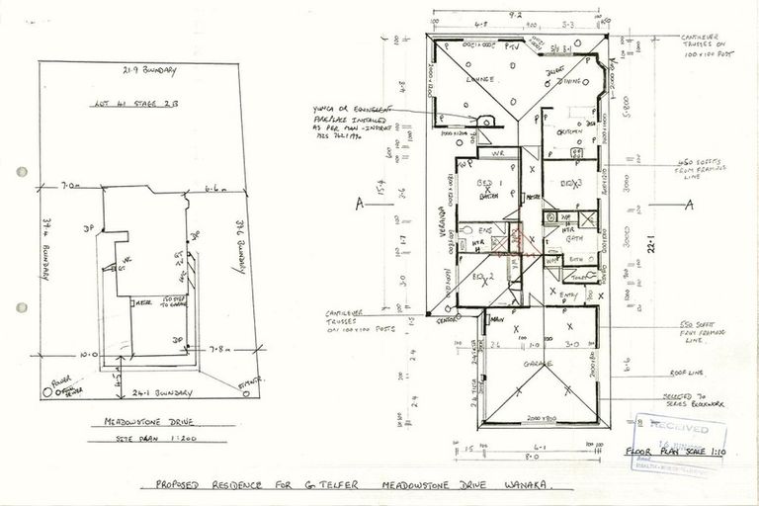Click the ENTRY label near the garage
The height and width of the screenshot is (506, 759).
pyautogui.click(x=569, y=295)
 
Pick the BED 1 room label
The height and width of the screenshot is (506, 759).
pyautogui.click(x=485, y=184)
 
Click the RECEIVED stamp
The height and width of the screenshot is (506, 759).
pyautogui.click(x=680, y=427)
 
